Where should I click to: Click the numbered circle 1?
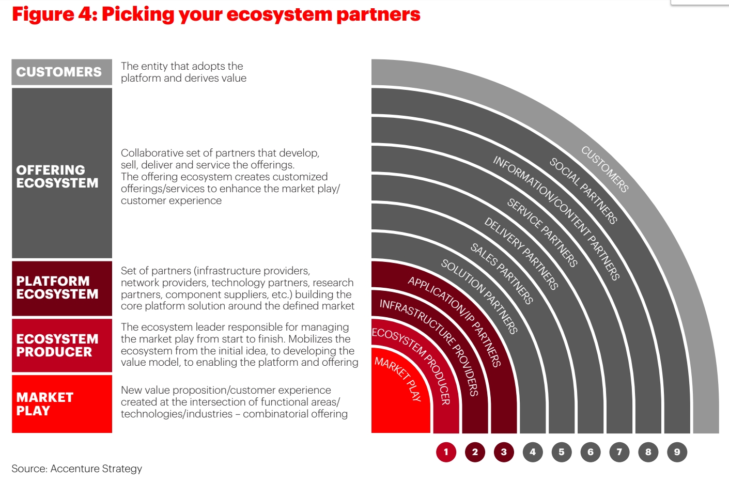click(446, 452)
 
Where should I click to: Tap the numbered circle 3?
click(504, 452)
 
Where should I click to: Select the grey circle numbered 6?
click(591, 452)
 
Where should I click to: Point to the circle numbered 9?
click(677, 452)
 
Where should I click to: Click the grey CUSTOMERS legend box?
click(62, 72)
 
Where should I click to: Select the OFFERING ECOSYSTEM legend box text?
click(57, 176)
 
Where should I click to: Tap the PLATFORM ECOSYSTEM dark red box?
click(62, 288)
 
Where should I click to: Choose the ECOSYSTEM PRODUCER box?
click(62, 345)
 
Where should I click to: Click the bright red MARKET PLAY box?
click(62, 404)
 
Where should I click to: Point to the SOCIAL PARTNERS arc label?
click(583, 191)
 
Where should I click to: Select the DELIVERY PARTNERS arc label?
click(521, 253)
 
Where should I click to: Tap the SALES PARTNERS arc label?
click(502, 273)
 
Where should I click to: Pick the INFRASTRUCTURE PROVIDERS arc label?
click(429, 348)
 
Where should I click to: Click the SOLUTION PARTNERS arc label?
click(479, 297)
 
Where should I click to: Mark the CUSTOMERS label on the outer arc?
click(605, 169)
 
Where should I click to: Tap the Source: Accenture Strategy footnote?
click(77, 469)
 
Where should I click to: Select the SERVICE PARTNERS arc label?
click(542, 232)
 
